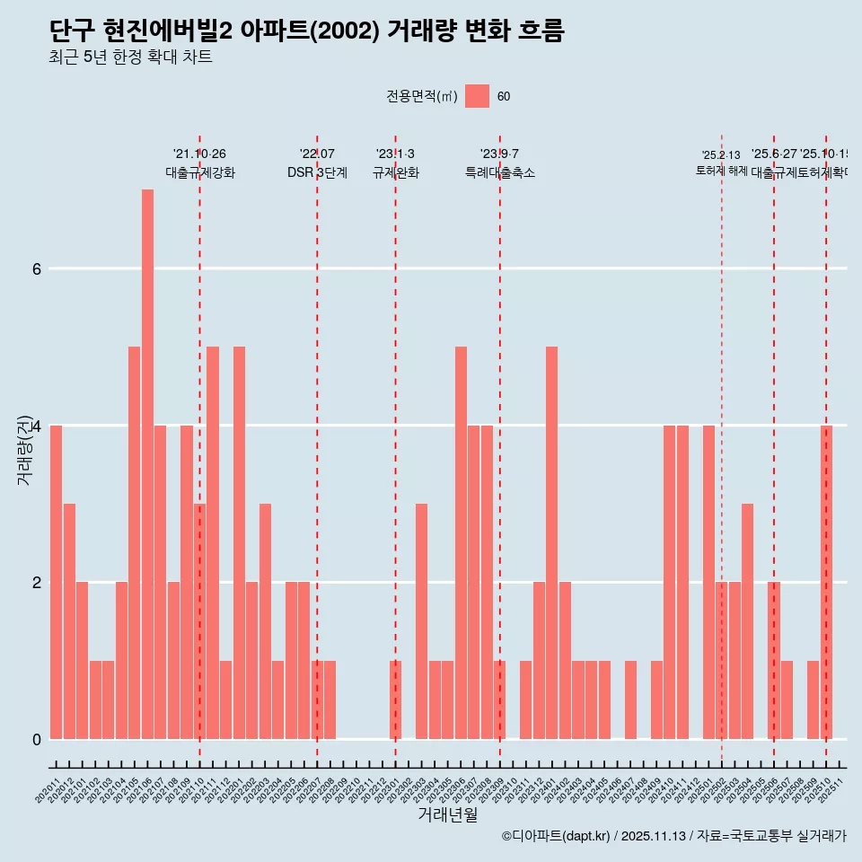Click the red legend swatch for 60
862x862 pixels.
[478, 96]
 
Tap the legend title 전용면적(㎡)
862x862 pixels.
[421, 97]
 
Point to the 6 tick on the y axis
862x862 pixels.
[36, 268]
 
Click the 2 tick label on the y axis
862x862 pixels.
[36, 582]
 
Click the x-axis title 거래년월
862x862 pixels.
[447, 814]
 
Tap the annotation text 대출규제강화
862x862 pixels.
[200, 172]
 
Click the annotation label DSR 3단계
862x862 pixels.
[317, 172]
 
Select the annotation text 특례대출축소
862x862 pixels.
[500, 172]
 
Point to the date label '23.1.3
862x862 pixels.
[395, 154]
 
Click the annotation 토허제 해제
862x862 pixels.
[722, 171]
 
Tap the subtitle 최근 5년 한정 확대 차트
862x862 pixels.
[131, 57]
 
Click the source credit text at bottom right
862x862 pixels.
[673, 836]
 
